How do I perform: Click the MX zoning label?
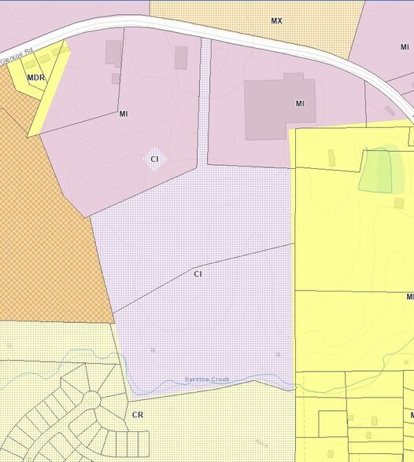275,20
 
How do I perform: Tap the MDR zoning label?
35,78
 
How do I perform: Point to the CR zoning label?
138,414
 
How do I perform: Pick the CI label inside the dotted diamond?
155,159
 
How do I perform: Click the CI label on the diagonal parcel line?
198,274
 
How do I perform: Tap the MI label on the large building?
299,103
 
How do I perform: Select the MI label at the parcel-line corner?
124,114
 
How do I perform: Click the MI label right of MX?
404,48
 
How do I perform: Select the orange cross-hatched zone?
43,236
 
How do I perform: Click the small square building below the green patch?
398,203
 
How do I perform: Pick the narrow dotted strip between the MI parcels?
205,102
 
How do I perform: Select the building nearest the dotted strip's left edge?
181,57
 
